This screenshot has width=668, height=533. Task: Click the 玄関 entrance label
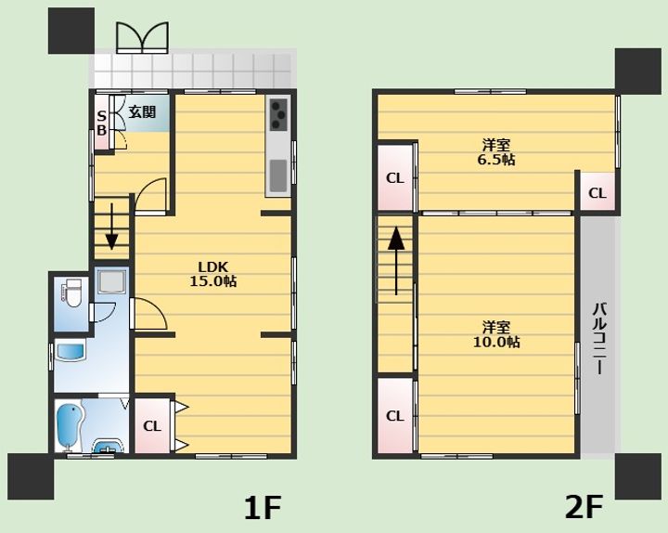point(142,112)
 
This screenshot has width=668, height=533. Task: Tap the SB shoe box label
point(102,123)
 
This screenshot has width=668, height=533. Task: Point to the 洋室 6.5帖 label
point(496,152)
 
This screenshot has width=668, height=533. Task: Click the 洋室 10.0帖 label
point(496,334)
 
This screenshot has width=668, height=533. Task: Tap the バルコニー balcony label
point(598,338)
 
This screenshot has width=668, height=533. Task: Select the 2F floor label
point(584,507)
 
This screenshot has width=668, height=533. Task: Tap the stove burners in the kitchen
point(279,116)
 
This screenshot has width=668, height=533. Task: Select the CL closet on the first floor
point(152,426)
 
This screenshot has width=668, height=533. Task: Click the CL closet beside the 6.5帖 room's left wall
point(395,177)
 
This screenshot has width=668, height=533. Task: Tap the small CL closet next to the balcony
point(597,193)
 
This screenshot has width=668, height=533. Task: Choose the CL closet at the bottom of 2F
point(395,416)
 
